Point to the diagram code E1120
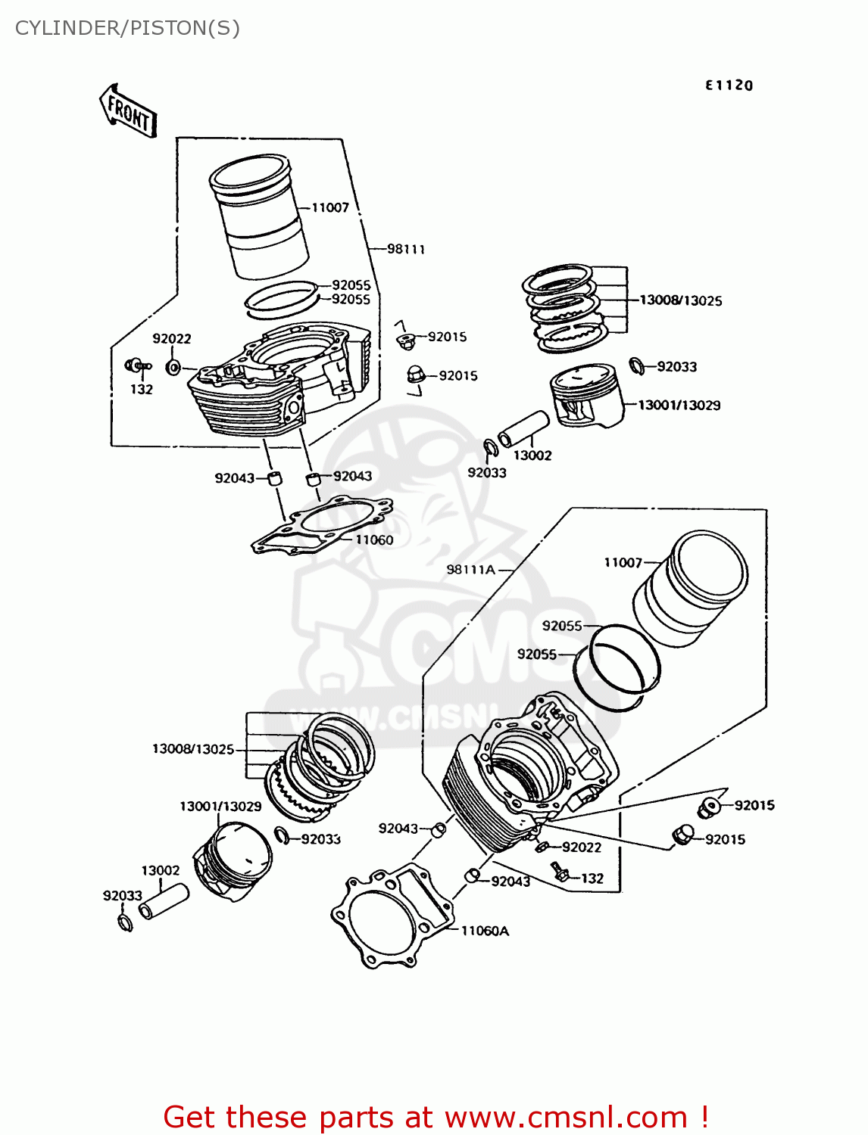point(729,86)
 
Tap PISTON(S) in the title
point(185,28)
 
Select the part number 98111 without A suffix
point(406,249)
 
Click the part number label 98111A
point(470,570)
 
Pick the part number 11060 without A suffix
point(374,540)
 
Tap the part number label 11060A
point(485,931)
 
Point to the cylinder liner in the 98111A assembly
point(689,588)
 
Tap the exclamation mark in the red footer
point(704,1117)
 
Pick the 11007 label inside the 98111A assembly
point(623,562)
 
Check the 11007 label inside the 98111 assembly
point(330,207)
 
